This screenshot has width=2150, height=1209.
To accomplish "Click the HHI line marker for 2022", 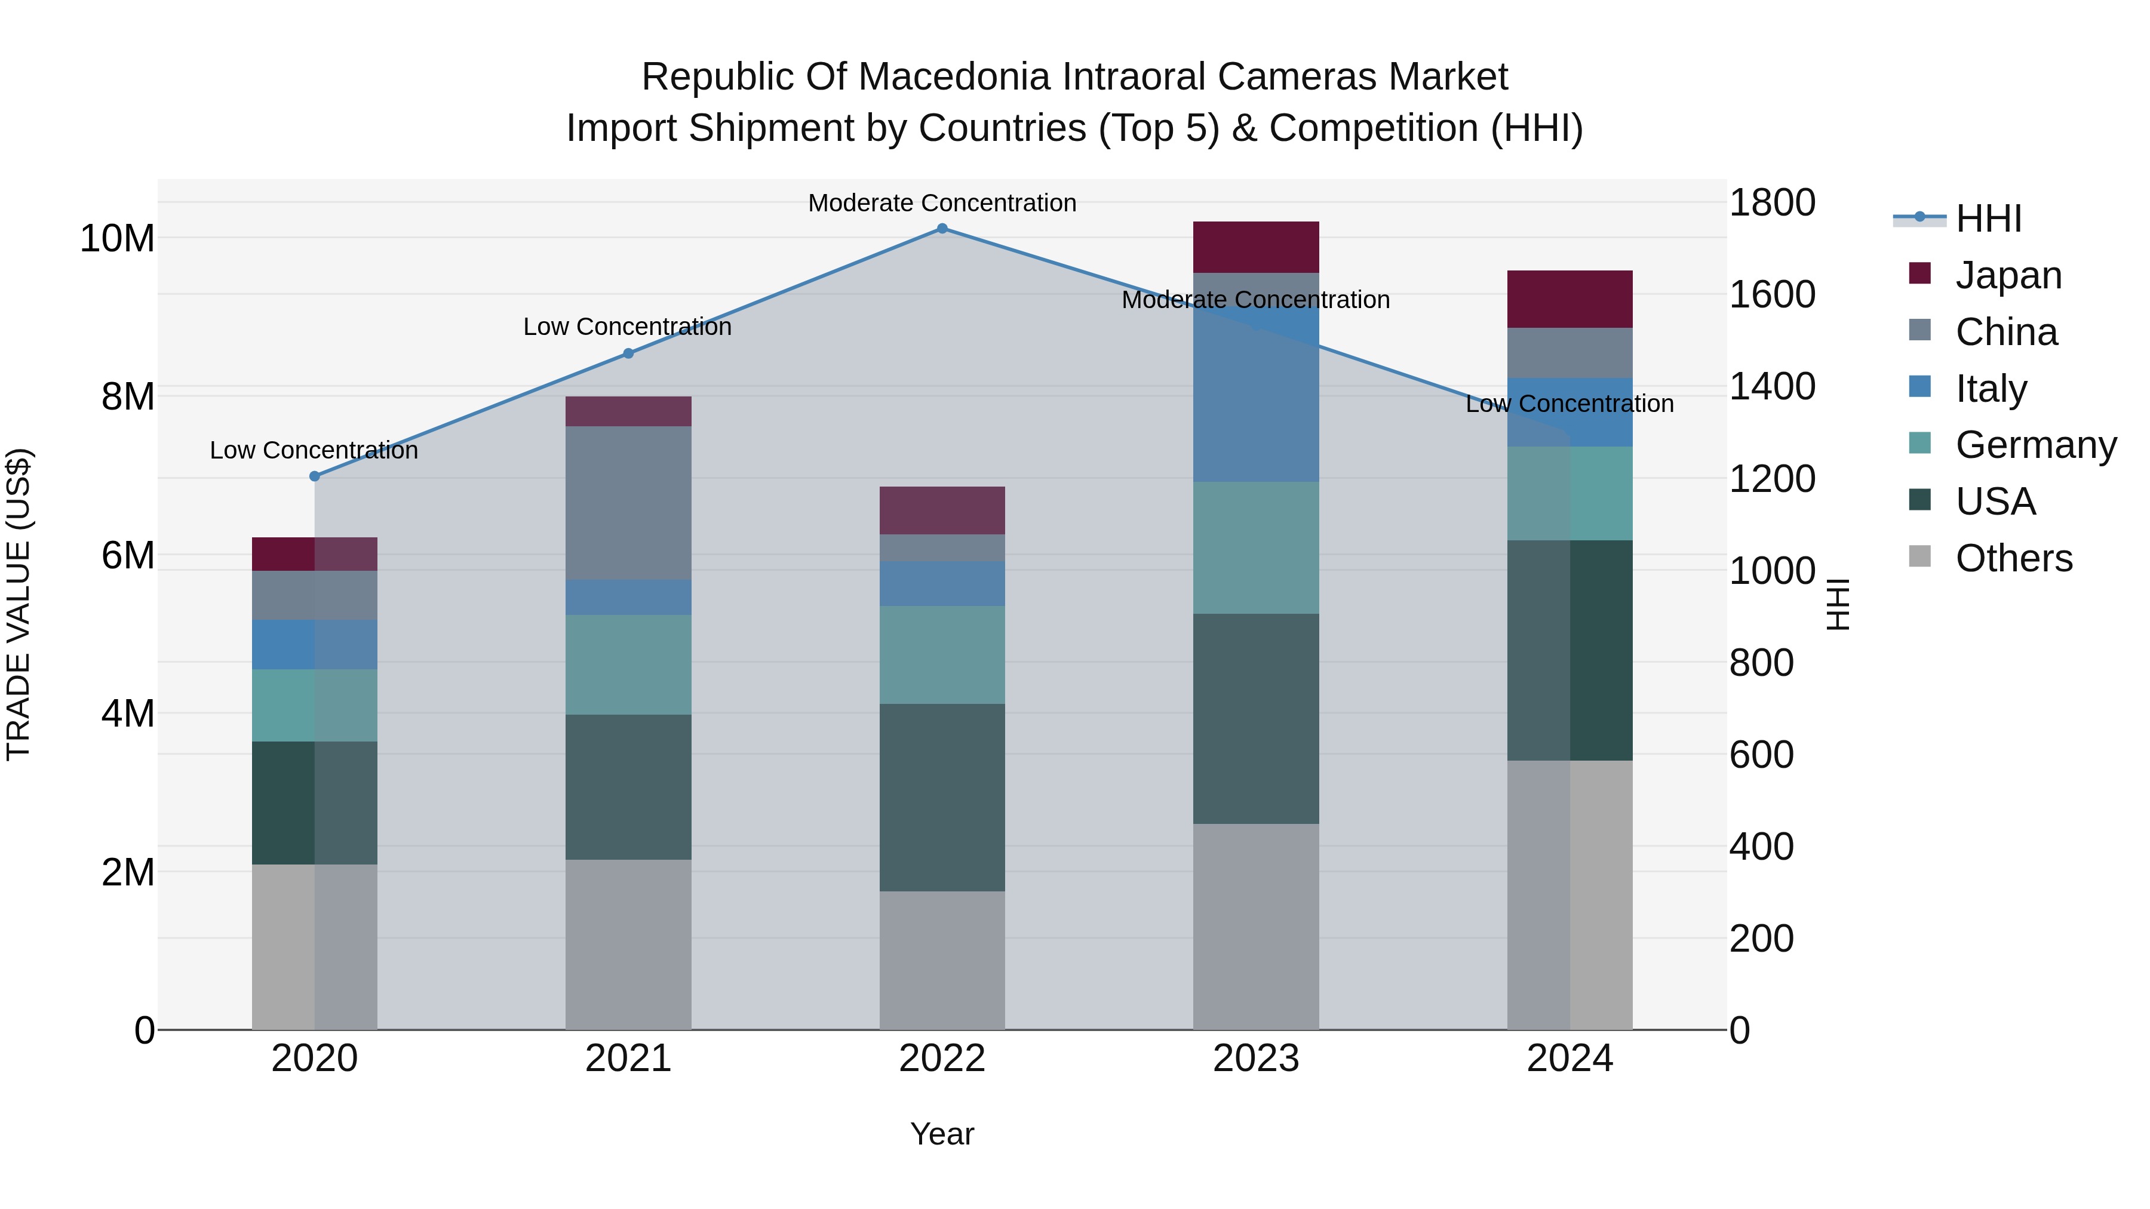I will (942, 229).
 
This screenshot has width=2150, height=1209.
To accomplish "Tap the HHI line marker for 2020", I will (315, 476).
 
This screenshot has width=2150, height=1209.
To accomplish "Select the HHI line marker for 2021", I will (628, 354).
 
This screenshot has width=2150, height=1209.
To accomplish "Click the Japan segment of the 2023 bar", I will (1255, 247).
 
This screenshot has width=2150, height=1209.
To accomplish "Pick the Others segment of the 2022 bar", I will (942, 959).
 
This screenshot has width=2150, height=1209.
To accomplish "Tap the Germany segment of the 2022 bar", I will (942, 654).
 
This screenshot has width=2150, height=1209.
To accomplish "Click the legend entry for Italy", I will (1990, 389).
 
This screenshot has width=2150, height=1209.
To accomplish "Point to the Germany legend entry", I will (2035, 445).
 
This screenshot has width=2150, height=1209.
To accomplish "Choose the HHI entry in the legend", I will (1988, 219).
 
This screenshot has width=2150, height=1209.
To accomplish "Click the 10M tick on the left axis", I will (117, 239).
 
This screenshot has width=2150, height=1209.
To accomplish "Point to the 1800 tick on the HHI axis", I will (1771, 203).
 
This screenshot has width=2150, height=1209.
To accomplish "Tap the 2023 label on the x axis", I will (1255, 1059).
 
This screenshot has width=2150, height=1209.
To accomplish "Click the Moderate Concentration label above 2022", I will (942, 203).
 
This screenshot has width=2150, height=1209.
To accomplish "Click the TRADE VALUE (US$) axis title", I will (19, 604).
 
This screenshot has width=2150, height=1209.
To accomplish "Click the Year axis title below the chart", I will (942, 1134).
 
